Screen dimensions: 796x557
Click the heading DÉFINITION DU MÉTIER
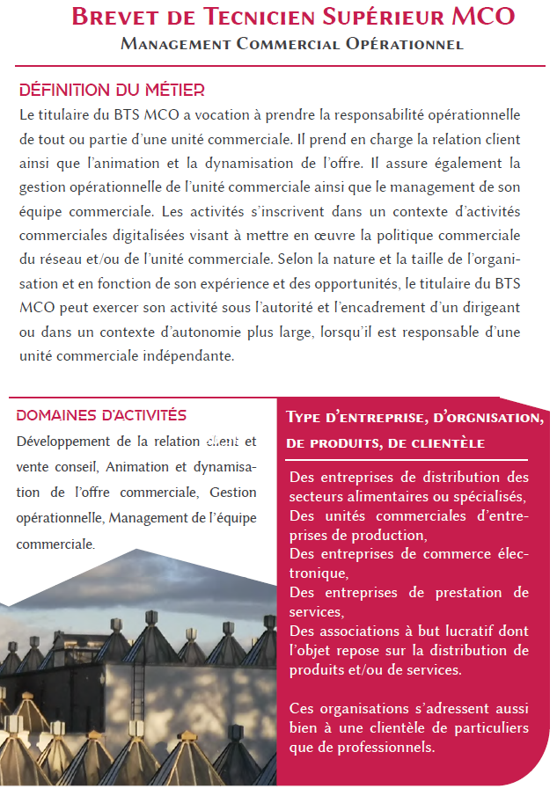pyautogui.click(x=112, y=90)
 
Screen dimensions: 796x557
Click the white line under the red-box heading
pyautogui.click(x=407, y=459)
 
